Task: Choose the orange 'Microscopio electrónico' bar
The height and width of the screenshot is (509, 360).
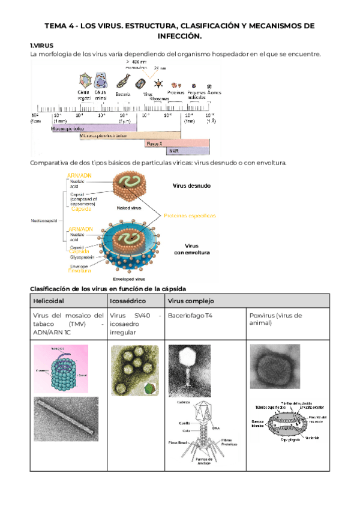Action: [x=120, y=136]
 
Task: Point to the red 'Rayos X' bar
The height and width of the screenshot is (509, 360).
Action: [x=155, y=144]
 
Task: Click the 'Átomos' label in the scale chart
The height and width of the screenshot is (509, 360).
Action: [x=214, y=93]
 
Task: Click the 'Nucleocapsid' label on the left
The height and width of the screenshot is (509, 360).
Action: [x=44, y=220]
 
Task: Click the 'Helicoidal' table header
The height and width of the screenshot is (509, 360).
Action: [x=49, y=300]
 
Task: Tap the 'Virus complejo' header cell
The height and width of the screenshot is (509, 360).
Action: [x=191, y=300]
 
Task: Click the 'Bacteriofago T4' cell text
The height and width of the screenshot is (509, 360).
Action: [x=191, y=316]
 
